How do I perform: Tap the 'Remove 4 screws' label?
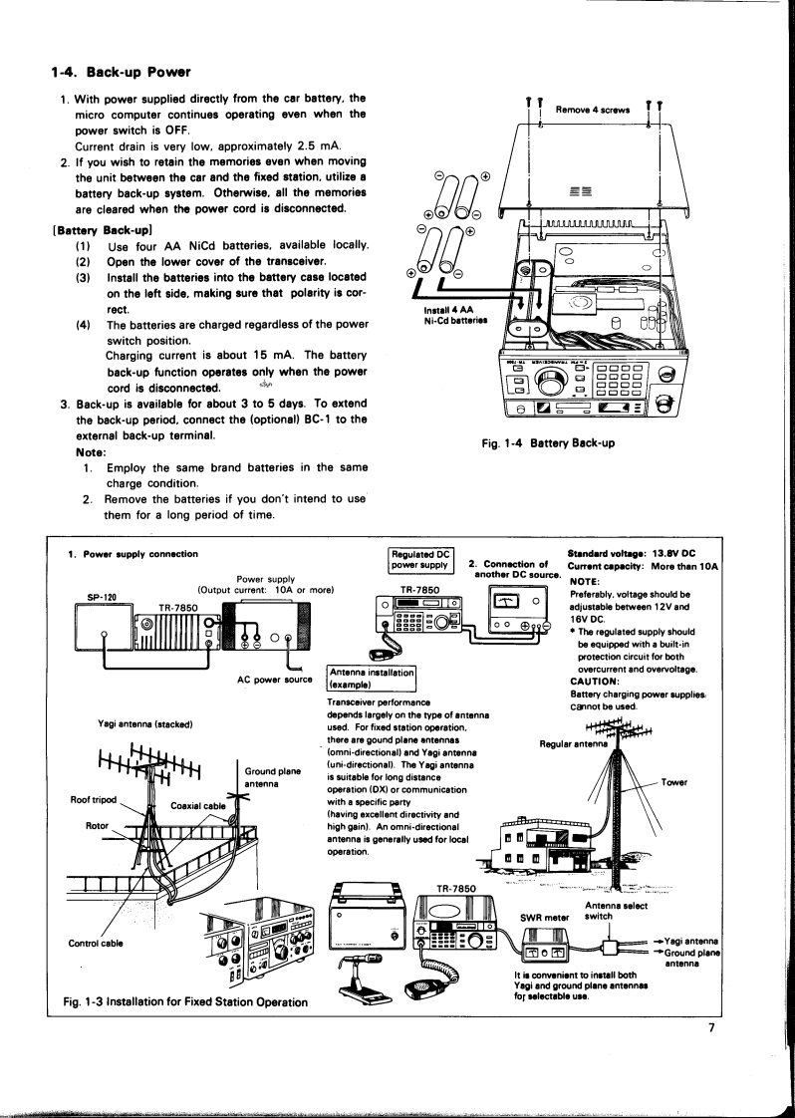(595, 109)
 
